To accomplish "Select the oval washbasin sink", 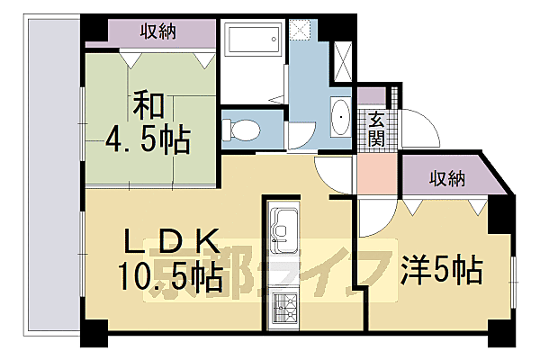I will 341,117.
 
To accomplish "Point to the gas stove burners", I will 285,309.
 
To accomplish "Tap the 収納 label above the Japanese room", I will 157,31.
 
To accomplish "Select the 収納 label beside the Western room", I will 446,178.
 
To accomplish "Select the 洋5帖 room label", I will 440,268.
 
